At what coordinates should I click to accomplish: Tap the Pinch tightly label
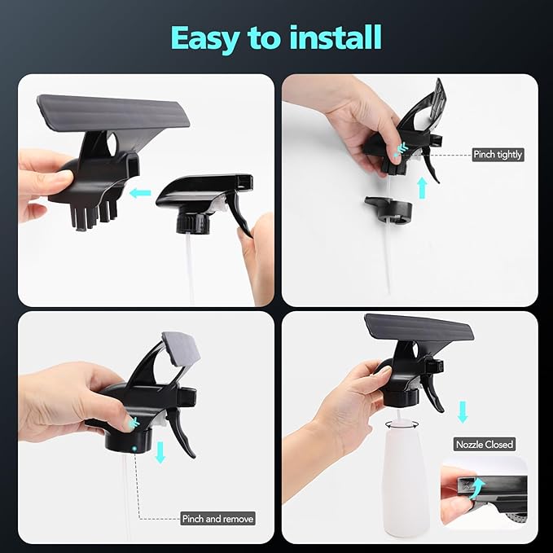498,154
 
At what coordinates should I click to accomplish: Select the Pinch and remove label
217,518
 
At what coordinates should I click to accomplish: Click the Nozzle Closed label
484,445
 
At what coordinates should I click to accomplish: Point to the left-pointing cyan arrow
139,193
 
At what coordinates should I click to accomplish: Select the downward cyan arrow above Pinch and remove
160,452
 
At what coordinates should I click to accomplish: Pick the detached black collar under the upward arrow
388,211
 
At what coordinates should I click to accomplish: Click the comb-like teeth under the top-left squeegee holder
94,209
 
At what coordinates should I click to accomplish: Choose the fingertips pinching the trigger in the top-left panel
246,231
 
